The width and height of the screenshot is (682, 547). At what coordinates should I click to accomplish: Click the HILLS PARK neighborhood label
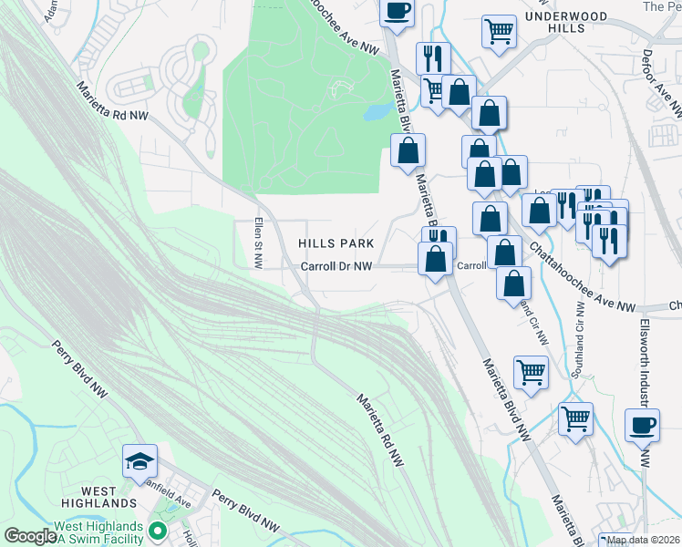point(336,243)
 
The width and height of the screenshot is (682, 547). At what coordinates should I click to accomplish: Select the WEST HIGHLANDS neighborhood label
point(99,497)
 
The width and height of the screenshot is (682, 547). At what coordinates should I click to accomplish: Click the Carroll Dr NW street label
point(337,267)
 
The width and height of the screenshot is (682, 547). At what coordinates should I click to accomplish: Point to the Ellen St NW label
point(259,242)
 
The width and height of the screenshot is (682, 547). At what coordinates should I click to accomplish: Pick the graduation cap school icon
point(140,460)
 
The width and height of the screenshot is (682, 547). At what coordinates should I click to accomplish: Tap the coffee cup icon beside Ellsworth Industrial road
point(642,425)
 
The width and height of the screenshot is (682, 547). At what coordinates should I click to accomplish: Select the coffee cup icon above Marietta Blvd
point(397,11)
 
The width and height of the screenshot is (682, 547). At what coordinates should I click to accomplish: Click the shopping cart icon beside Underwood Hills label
point(499,32)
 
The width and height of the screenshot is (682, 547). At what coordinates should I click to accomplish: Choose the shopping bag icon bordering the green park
point(408,150)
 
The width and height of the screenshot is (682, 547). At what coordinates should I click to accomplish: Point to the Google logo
point(29,536)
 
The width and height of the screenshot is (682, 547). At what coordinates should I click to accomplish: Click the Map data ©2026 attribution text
point(643,540)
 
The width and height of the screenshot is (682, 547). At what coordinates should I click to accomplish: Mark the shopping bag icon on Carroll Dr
point(435,258)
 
